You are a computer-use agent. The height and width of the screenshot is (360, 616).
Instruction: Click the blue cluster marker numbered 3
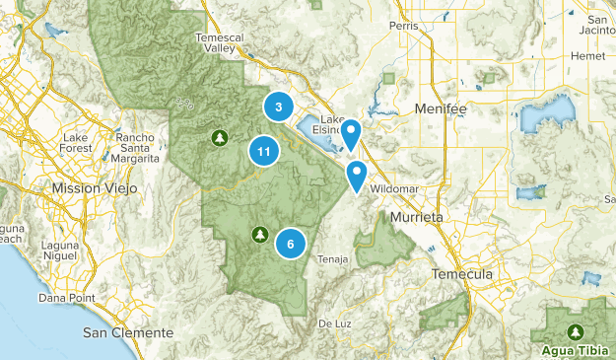pyautogui.click(x=279, y=108)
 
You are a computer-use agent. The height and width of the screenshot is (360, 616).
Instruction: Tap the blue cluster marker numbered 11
pyautogui.click(x=262, y=152)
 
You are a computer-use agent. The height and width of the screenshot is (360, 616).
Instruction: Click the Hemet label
pyautogui.click(x=588, y=57)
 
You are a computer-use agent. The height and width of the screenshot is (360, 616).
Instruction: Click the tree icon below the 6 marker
pyautogui.click(x=259, y=234)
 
